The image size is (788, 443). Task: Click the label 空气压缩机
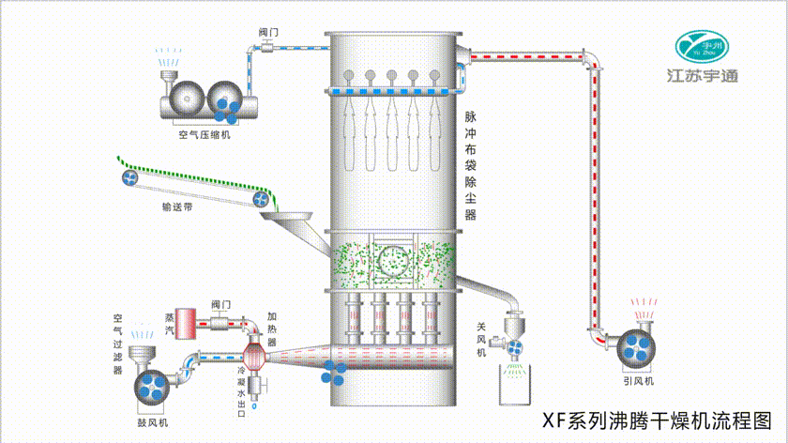(205, 134)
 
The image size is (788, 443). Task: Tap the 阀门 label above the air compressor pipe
(268, 32)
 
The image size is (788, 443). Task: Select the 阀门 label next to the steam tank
(221, 304)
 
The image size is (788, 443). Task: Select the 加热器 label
(271, 329)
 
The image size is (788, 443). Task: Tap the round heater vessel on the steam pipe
(254, 357)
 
